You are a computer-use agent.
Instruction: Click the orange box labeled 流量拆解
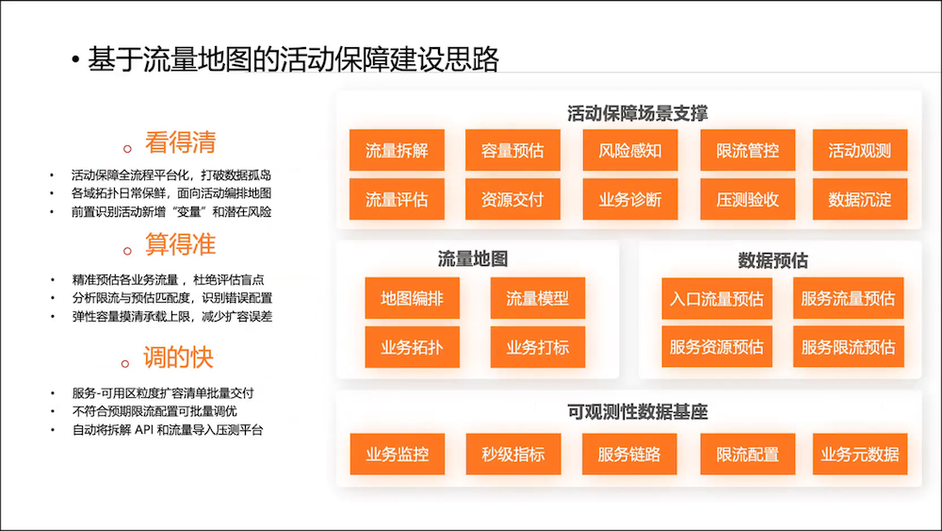click(397, 151)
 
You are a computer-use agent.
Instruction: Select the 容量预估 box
click(512, 151)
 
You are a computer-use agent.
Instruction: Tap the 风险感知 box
click(629, 151)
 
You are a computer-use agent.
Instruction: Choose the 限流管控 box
click(747, 151)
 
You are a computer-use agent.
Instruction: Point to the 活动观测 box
click(859, 151)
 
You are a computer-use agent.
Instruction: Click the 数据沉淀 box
click(859, 200)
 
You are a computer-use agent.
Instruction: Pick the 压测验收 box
click(747, 200)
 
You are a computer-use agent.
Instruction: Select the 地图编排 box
click(412, 299)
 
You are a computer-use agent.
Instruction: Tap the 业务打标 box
click(537, 347)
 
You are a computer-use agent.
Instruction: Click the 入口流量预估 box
click(716, 299)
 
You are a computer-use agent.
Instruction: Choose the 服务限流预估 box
click(848, 347)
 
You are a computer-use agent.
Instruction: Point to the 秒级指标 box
click(512, 455)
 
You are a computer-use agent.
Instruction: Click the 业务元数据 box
click(859, 455)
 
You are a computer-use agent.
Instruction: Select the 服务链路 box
click(629, 455)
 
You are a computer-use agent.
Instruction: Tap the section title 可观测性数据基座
click(638, 412)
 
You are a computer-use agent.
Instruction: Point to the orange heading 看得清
click(180, 142)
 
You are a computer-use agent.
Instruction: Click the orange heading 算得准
click(180, 245)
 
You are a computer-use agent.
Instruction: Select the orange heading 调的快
click(180, 358)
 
